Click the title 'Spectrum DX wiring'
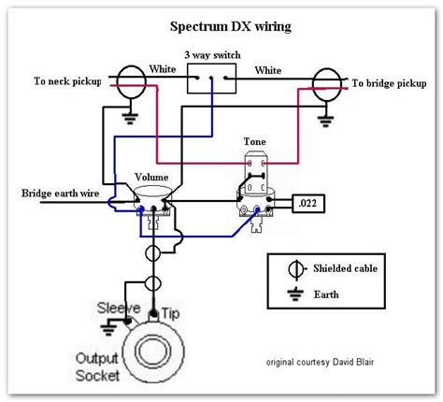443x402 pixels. (x=231, y=27)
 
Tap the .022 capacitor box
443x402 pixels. (x=308, y=204)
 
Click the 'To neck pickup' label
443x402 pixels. (x=67, y=81)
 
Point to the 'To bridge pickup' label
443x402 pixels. (x=389, y=83)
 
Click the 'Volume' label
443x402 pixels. (x=151, y=177)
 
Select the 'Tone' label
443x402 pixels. (x=255, y=141)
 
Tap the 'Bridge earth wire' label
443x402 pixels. (x=61, y=194)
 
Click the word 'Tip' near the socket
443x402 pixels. (x=170, y=313)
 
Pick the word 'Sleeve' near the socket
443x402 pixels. (x=119, y=309)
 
